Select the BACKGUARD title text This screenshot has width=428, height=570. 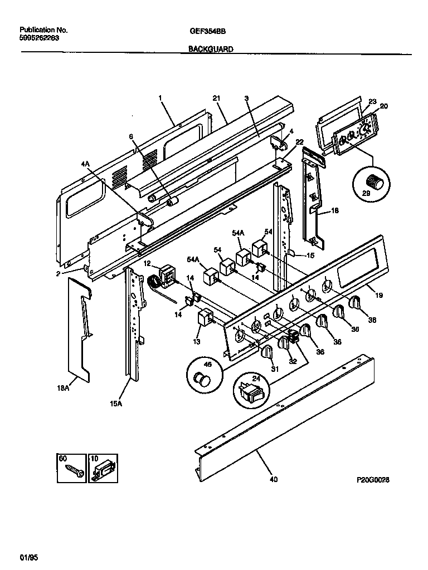click(x=210, y=49)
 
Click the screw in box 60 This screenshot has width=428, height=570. click(x=72, y=469)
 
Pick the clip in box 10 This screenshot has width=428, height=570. click(x=102, y=469)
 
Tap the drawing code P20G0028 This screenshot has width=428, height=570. click(x=372, y=479)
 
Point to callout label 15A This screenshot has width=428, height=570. click(x=115, y=404)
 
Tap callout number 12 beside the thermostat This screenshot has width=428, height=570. click(x=147, y=263)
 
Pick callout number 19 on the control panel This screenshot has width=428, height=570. click(x=379, y=296)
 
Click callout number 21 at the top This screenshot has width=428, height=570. click(x=216, y=99)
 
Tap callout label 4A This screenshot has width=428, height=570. click(x=85, y=164)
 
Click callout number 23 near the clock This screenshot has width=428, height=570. click(x=372, y=101)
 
